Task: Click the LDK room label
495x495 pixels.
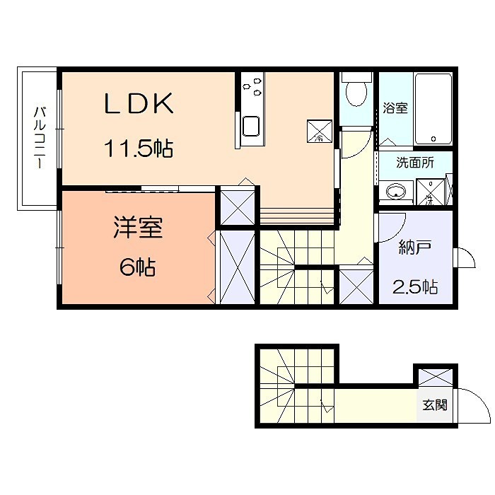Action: pos(139,105)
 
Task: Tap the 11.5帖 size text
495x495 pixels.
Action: pos(139,149)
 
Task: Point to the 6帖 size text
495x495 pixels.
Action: pos(137,267)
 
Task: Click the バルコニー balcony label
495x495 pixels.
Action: pos(40,137)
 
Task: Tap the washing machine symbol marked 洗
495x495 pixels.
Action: pos(430,192)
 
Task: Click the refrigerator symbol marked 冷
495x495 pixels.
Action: pos(319,130)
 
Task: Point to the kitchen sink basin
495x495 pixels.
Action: pos(252,128)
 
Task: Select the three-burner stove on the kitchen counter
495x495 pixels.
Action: pos(252,86)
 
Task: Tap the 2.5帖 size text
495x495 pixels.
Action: pos(414,287)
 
